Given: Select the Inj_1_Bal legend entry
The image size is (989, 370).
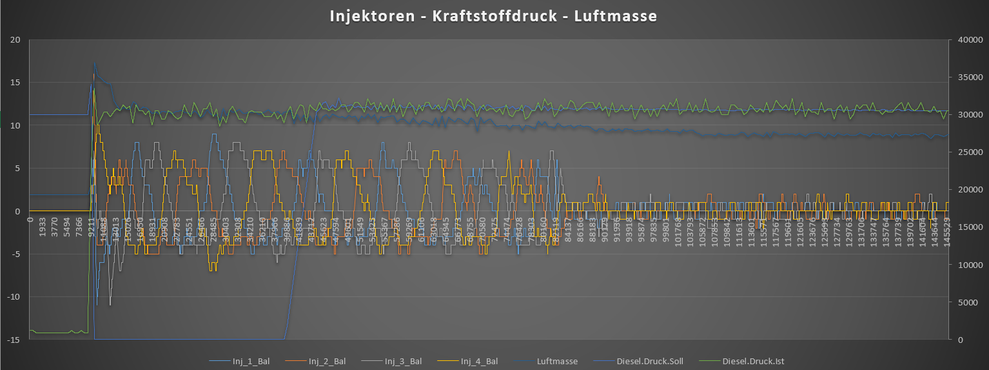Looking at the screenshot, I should click(x=248, y=361).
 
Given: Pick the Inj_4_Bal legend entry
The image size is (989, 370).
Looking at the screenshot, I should click(x=479, y=361).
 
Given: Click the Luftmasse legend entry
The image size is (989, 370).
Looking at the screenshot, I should click(x=557, y=361).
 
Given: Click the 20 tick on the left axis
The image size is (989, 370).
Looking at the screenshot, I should click(x=16, y=40).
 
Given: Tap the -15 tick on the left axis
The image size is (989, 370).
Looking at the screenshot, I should click(x=14, y=340).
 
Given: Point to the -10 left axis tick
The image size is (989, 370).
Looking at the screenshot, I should click(x=14, y=297).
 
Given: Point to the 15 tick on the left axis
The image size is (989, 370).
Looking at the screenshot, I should click(x=16, y=83).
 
